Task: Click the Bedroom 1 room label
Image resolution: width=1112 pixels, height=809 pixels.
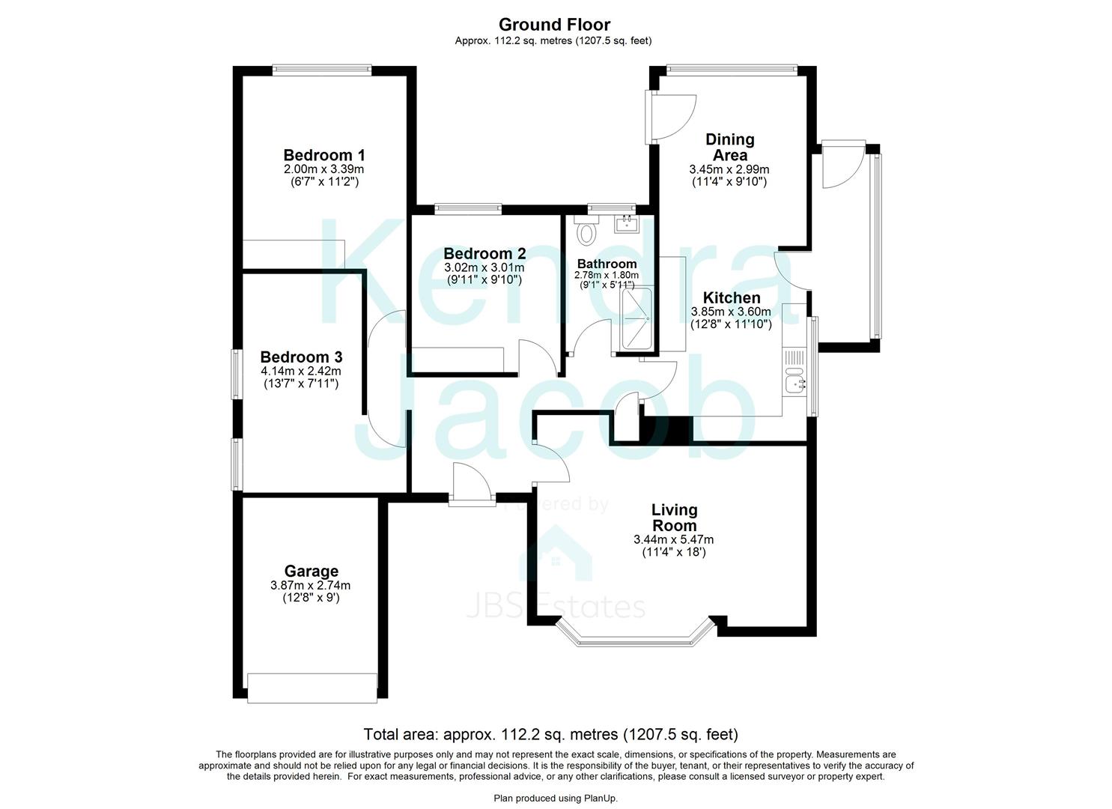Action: [x=323, y=155]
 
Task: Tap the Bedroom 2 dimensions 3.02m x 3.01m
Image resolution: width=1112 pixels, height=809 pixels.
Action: [x=484, y=267]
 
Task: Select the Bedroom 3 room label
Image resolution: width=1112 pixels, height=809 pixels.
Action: [x=301, y=357]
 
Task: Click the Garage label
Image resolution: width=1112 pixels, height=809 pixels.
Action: [x=311, y=572]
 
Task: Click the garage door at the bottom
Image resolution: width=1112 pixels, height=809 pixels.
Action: [x=312, y=688]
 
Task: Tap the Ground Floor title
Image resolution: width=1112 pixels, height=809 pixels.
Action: [x=554, y=25]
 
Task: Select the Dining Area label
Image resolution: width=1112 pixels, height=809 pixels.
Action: [x=729, y=147]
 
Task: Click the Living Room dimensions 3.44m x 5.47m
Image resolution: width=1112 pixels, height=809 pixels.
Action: [x=673, y=539]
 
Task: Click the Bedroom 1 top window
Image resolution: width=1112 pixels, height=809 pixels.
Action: [x=321, y=70]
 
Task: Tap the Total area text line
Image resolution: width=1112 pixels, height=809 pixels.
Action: [x=550, y=734]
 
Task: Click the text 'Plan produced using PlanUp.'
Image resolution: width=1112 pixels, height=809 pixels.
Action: [x=556, y=799]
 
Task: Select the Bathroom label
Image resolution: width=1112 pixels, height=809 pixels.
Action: [x=607, y=264]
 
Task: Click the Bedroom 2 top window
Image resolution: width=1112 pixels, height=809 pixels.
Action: [x=467, y=208]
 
